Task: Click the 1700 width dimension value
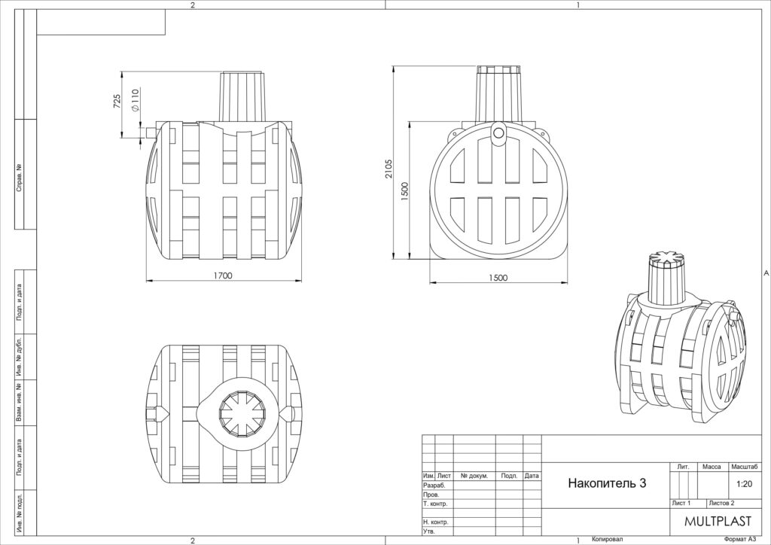(x=222, y=276)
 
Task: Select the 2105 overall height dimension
(x=389, y=169)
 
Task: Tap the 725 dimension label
(x=117, y=101)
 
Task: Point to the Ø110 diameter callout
(x=136, y=100)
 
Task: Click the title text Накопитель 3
(x=607, y=483)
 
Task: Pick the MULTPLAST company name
(x=718, y=521)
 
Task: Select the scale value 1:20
(x=745, y=484)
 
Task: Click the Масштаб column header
(x=745, y=467)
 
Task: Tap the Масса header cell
(x=712, y=467)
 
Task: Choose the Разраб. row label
(x=434, y=486)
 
